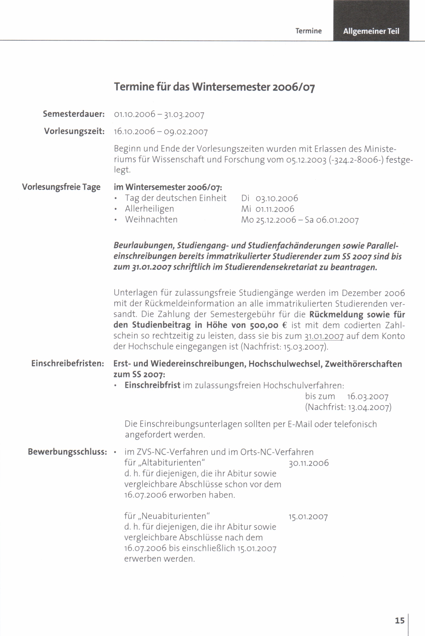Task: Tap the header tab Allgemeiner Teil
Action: click(371, 31)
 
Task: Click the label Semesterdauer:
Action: click(74, 114)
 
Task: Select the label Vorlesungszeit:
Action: click(74, 131)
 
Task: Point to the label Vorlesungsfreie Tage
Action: click(61, 187)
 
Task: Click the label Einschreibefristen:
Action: click(68, 364)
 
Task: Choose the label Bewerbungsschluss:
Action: click(68, 452)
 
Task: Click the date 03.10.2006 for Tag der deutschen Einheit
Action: click(277, 198)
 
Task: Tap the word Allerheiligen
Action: click(149, 209)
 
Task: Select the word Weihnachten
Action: click(151, 219)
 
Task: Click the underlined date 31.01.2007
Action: click(324, 336)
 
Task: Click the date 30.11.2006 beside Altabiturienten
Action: click(309, 463)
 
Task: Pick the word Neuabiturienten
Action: click(175, 516)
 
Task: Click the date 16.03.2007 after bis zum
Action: click(368, 397)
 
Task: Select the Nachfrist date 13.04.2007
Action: click(369, 407)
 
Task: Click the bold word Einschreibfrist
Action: click(152, 385)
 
